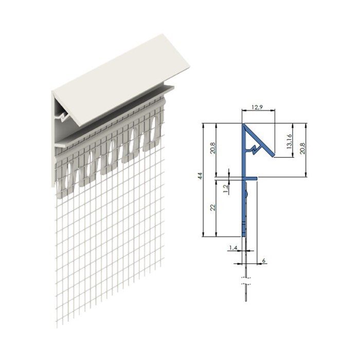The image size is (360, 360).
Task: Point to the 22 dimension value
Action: click(212, 207)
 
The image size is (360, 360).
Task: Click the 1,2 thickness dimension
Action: click(225, 189)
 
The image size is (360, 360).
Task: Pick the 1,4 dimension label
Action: click(232, 248)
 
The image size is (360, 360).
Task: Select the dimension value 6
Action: click(264, 261)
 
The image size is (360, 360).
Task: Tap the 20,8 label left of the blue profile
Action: click(212, 149)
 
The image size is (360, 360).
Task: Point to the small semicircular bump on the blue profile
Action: click(247, 194)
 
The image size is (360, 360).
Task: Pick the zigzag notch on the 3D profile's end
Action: click(64, 118)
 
